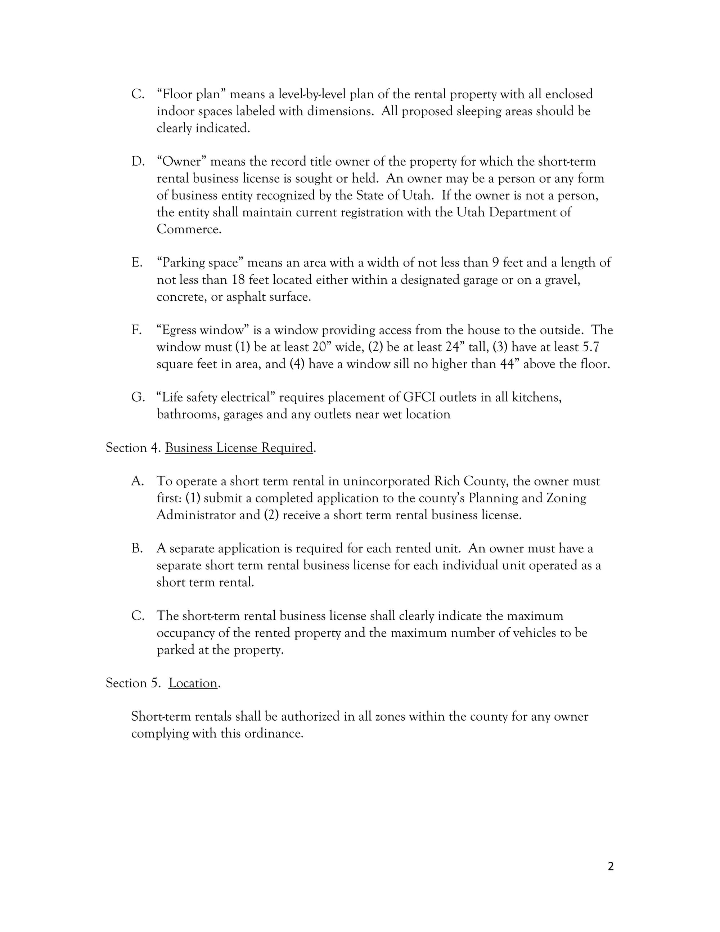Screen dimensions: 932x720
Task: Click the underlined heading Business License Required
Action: (239, 448)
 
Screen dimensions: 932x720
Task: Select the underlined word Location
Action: (193, 683)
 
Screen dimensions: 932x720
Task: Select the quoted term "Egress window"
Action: (203, 330)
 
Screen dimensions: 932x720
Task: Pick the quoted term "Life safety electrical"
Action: (216, 397)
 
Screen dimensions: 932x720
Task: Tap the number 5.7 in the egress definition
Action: (591, 347)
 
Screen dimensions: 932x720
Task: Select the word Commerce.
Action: (188, 229)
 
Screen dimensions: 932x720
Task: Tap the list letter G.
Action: (138, 397)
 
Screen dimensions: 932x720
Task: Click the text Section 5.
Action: (132, 683)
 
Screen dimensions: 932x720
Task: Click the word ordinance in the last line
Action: (273, 733)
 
